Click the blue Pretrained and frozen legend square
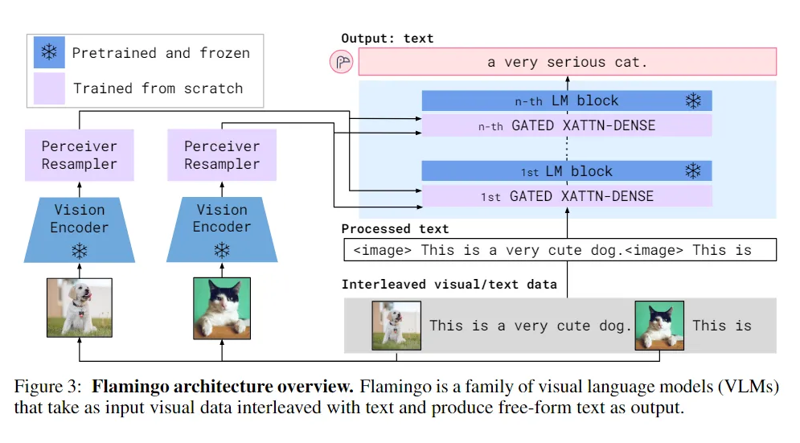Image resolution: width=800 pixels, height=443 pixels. click(49, 52)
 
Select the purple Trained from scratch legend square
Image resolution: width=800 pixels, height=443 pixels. click(49, 88)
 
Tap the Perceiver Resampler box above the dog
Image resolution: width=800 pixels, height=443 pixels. click(80, 155)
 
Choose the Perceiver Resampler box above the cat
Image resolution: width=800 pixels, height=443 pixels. click(222, 155)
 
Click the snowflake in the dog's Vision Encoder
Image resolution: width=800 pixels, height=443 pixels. click(80, 251)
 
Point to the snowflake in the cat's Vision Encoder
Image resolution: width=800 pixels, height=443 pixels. click(222, 251)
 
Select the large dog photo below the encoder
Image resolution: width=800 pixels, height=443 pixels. click(80, 308)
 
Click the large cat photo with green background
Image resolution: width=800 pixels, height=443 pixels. click(222, 308)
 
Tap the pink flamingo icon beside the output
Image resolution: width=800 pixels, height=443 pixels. click(342, 62)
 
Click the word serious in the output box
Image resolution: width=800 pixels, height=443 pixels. click(576, 62)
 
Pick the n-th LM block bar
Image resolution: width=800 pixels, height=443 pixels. click(567, 100)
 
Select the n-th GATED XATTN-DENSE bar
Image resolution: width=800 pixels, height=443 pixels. click(567, 125)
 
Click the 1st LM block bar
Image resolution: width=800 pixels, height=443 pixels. click(567, 171)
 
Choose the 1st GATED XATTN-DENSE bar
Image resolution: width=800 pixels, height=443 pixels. click(567, 196)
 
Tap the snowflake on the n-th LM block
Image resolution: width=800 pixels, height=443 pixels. click(693, 100)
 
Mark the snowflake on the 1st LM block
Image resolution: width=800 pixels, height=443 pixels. click(693, 170)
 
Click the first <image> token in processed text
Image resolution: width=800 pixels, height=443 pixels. click(382, 250)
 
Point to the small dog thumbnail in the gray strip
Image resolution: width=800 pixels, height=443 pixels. click(396, 326)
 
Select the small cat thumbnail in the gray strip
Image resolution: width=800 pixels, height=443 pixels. click(659, 326)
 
